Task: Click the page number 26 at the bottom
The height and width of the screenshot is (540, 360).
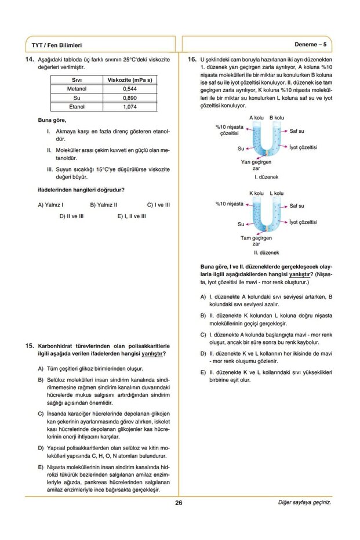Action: click(x=179, y=503)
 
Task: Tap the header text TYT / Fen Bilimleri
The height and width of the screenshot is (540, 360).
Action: click(x=57, y=45)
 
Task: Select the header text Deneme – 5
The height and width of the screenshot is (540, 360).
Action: click(x=311, y=44)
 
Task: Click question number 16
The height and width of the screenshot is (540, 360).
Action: click(x=191, y=60)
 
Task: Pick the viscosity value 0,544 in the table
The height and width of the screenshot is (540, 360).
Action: click(x=130, y=89)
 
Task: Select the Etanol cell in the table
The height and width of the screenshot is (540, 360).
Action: click(x=77, y=107)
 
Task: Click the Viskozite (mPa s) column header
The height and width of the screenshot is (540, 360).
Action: click(x=130, y=80)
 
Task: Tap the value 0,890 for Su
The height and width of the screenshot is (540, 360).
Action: click(x=130, y=99)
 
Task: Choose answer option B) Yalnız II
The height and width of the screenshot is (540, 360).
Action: click(x=104, y=205)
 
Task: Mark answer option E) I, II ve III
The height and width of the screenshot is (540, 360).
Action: click(x=131, y=216)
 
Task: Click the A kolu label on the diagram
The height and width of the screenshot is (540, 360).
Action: click(x=257, y=118)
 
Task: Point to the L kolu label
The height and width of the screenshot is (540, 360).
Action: click(x=277, y=193)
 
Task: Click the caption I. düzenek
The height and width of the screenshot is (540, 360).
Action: click(x=266, y=176)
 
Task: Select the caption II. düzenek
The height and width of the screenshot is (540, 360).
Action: click(x=266, y=252)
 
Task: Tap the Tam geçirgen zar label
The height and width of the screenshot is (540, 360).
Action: click(x=256, y=241)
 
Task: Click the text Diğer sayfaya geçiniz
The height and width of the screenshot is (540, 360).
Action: click(x=304, y=503)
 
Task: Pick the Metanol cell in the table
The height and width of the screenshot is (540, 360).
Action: click(x=77, y=89)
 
